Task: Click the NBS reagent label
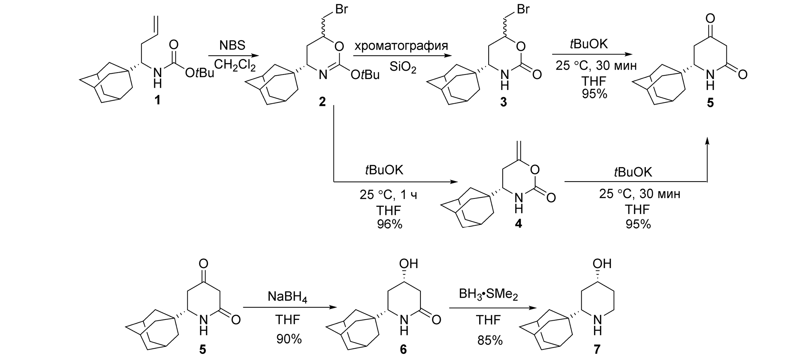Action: point(232,46)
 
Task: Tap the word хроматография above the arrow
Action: point(401,46)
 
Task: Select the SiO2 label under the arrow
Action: point(403,68)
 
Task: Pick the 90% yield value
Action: point(289,339)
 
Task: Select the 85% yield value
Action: point(490,340)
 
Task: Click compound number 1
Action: point(156,101)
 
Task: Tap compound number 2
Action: point(322,101)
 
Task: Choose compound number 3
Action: point(503,102)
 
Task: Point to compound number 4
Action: point(518,224)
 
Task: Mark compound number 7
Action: point(596,349)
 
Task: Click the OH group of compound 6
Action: point(410,264)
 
